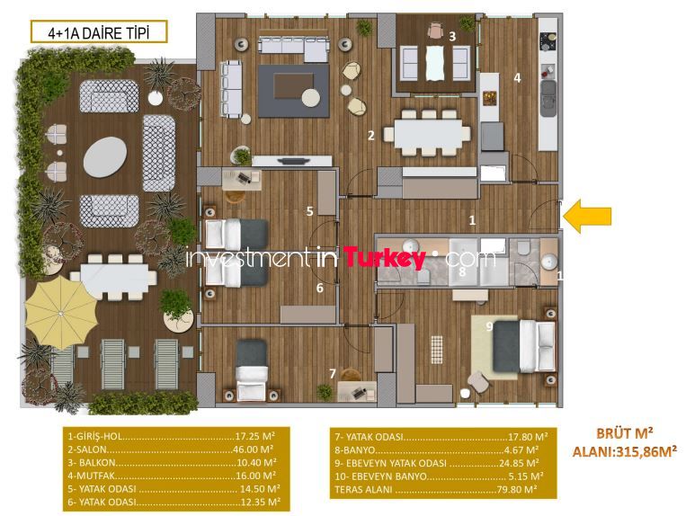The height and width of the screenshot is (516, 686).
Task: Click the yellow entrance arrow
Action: pyautogui.click(x=587, y=216)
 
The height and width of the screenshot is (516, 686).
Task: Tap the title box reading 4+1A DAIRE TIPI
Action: pyautogui.click(x=99, y=32)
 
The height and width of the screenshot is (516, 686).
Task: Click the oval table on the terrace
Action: pyautogui.click(x=105, y=157)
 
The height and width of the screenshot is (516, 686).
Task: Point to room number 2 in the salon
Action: pyautogui.click(x=371, y=136)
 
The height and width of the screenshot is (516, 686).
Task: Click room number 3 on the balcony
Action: pyautogui.click(x=452, y=36)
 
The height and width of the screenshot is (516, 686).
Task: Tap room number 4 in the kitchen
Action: pyautogui.click(x=517, y=78)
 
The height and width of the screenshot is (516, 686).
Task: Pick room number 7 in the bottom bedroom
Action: pyautogui.click(x=333, y=373)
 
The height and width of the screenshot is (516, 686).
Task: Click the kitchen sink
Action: pyautogui.click(x=548, y=97)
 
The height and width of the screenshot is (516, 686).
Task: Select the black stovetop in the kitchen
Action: pyautogui.click(x=548, y=41)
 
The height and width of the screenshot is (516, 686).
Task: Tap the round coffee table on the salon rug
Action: pyautogui.click(x=311, y=97)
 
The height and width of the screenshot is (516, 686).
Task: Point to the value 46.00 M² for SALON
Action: pyautogui.click(x=254, y=449)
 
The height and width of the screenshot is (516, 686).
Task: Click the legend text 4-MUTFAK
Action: pyautogui.click(x=91, y=476)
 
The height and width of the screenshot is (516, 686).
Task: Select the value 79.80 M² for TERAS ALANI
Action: pyautogui.click(x=517, y=489)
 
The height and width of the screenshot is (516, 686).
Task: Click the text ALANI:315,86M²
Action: pyautogui.click(x=625, y=451)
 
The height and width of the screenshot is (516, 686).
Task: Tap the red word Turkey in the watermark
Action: pyautogui.click(x=384, y=258)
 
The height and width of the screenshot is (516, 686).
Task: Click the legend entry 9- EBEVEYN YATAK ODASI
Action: pyautogui.click(x=391, y=463)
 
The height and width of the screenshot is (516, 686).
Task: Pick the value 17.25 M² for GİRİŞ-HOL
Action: pyautogui.click(x=254, y=436)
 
